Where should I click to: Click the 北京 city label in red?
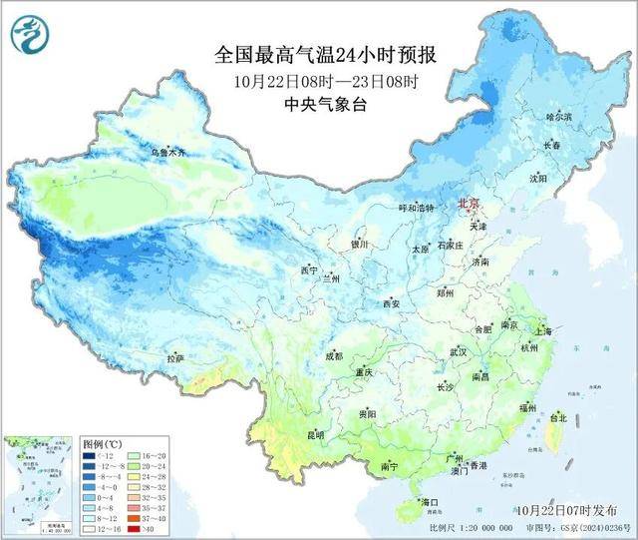[468, 204]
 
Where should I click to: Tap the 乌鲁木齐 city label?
[167, 153]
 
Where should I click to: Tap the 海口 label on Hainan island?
[431, 501]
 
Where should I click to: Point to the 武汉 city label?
[460, 352]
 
